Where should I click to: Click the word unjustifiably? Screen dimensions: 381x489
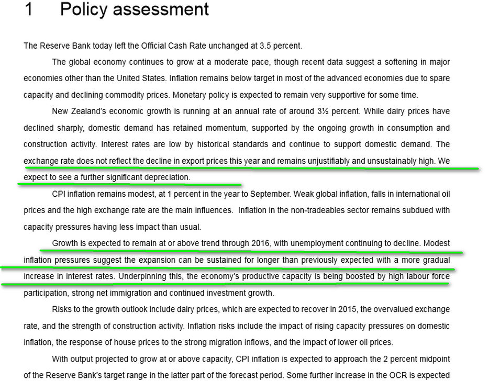[x=324, y=161]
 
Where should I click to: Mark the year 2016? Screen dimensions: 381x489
[x=260, y=243]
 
